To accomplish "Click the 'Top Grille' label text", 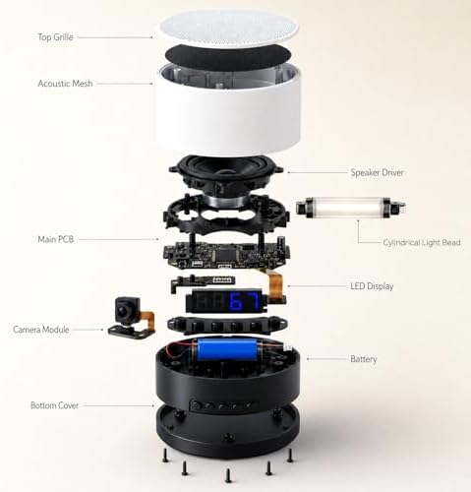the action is (x=55, y=37).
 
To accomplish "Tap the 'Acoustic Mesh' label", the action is (x=65, y=84).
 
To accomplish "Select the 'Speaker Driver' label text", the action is (x=377, y=172).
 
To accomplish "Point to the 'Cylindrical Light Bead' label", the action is (x=422, y=242).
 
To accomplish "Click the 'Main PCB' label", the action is (x=56, y=239).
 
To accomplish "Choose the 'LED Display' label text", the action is (x=372, y=286).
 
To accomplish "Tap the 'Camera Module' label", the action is (x=41, y=329).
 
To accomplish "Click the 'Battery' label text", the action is (x=364, y=359).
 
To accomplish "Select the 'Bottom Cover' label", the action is (x=54, y=405).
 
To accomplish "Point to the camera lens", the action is (x=124, y=311).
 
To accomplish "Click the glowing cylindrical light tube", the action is (x=350, y=208).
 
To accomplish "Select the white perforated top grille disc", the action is (x=228, y=29).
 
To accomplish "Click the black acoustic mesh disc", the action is (x=228, y=56).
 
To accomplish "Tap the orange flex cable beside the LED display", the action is (x=274, y=284).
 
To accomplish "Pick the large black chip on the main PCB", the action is (x=225, y=254).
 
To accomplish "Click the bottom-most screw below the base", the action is (x=228, y=475).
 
